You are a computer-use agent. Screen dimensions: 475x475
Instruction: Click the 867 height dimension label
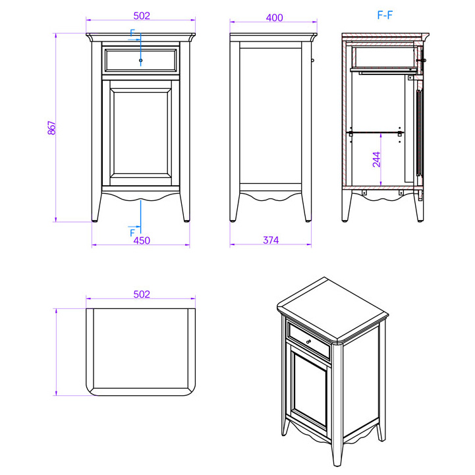[52, 128]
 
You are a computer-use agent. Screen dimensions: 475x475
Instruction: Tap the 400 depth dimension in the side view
[275, 18]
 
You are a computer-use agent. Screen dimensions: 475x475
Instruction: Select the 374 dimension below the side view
[271, 240]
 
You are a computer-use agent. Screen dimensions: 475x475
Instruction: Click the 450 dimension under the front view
[142, 240]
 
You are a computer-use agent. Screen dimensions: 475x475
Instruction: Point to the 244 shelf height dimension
[376, 159]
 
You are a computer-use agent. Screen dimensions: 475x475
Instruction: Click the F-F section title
[385, 15]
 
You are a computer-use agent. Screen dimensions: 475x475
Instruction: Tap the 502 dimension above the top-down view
[142, 294]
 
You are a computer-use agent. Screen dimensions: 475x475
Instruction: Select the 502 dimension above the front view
[142, 16]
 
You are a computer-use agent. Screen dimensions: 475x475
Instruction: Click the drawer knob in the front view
[140, 61]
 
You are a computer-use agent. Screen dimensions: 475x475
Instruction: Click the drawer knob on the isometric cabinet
[309, 342]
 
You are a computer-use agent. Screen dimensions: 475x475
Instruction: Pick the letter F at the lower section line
[132, 233]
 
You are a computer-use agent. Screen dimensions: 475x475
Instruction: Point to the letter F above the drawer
[132, 33]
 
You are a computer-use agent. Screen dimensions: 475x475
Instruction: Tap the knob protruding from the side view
[313, 61]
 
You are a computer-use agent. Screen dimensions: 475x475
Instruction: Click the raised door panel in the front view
[140, 133]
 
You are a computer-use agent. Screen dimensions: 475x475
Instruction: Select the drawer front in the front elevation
[140, 61]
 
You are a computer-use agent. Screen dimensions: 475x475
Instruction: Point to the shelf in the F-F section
[375, 132]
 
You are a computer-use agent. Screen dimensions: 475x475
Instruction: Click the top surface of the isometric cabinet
[333, 310]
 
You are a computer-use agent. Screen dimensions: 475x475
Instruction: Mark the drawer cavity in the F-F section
[385, 57]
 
